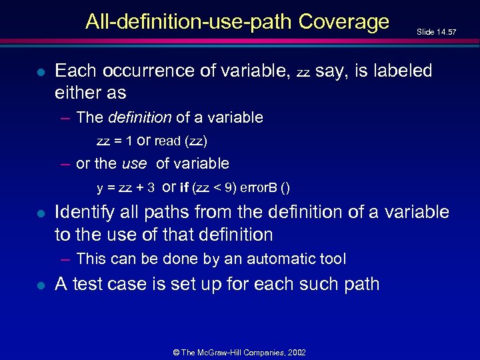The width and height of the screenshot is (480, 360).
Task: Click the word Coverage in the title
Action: point(344,22)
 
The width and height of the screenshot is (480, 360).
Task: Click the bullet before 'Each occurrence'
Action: point(41,71)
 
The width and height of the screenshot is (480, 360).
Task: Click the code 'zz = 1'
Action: point(114,141)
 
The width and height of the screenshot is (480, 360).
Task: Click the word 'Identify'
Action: point(83,213)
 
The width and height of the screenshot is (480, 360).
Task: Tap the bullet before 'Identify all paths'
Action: point(41,214)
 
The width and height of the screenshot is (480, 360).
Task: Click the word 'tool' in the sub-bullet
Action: point(334,259)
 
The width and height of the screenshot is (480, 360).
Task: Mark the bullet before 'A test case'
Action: point(41,285)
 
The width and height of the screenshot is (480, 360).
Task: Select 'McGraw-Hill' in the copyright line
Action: point(229,352)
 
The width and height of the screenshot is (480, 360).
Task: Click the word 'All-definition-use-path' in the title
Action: point(189,22)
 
